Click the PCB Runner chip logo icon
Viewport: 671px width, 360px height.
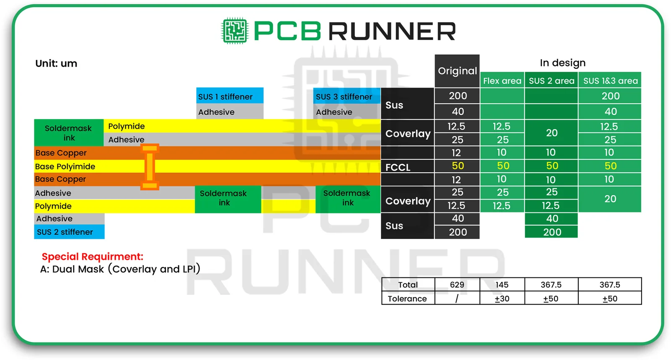[234, 31]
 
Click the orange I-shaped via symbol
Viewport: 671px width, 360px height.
[150, 167]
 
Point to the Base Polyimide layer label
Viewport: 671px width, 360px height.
[65, 166]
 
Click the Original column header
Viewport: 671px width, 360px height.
[457, 71]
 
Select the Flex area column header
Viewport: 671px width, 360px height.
[502, 80]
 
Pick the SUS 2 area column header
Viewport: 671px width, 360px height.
[551, 80]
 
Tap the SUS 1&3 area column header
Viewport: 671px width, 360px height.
[610, 80]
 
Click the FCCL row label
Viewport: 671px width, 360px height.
[398, 167]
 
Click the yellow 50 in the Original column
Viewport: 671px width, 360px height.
[458, 166]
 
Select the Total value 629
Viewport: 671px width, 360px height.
[457, 285]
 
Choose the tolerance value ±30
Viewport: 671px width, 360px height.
[502, 298]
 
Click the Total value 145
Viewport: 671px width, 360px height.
[502, 285]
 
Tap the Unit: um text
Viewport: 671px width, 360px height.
[56, 64]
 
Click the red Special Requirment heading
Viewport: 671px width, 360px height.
[92, 256]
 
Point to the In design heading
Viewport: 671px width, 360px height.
[562, 63]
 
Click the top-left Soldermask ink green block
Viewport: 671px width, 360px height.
[69, 133]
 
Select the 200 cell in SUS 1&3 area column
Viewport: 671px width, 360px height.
[610, 96]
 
